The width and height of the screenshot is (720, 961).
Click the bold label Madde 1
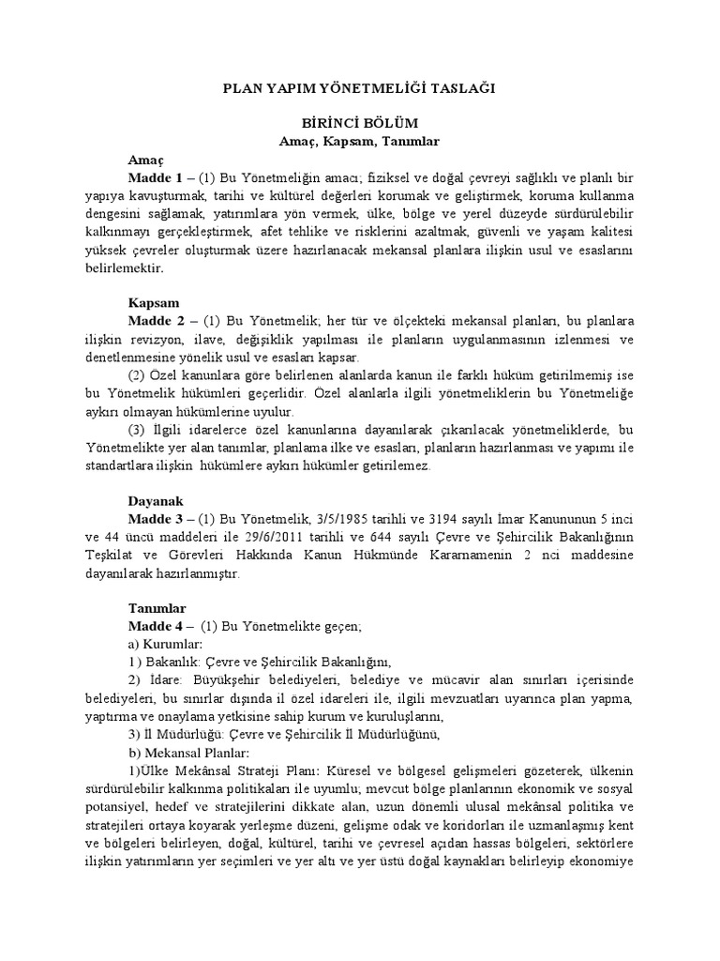point(156,177)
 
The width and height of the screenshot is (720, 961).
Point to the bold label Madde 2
point(156,322)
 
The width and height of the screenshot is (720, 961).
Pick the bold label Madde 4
point(156,626)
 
